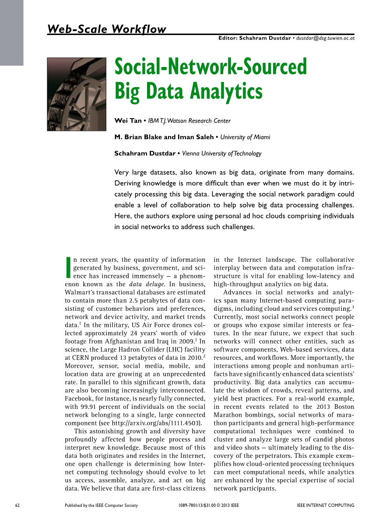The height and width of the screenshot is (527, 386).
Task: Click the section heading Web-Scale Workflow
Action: pyautogui.click(x=107, y=29)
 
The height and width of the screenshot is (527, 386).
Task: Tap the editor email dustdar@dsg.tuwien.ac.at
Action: pyautogui.click(x=325, y=39)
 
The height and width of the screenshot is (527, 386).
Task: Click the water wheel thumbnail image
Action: pyautogui.click(x=77, y=94)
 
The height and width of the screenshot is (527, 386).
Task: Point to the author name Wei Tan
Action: pyautogui.click(x=128, y=121)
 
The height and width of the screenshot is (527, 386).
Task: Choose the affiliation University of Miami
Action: pyautogui.click(x=245, y=137)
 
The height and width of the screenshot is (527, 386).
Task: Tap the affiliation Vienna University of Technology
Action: pyautogui.click(x=221, y=154)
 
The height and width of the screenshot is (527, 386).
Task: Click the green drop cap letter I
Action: pyautogui.click(x=68, y=267)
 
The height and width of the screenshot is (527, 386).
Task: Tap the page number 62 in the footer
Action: pyautogui.click(x=18, y=506)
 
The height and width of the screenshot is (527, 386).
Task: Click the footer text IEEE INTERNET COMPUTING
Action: pyautogui.click(x=325, y=506)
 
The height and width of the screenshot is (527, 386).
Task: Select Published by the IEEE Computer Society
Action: pyautogui.click(x=101, y=506)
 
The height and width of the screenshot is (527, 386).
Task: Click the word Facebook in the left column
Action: pyautogui.click(x=80, y=399)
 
